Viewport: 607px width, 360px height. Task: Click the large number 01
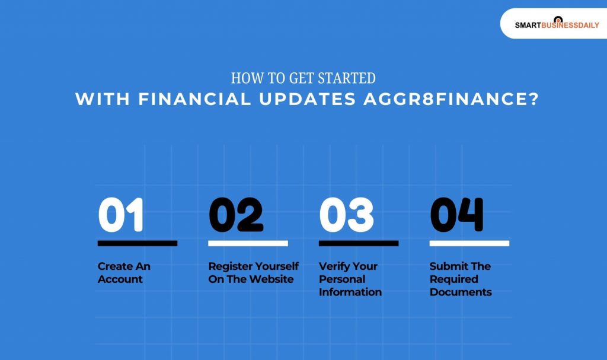(x=121, y=215)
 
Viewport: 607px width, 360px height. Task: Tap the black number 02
(x=235, y=215)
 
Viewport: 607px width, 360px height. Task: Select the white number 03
(x=346, y=215)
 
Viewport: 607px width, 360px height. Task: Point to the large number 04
(x=456, y=215)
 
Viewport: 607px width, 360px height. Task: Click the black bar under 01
(x=138, y=243)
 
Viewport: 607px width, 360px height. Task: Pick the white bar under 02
(x=248, y=243)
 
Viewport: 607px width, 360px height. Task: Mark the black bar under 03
(x=359, y=243)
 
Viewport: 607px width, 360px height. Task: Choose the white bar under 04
(x=469, y=243)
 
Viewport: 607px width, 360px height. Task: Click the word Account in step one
(x=120, y=279)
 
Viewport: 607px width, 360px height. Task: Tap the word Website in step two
(x=271, y=279)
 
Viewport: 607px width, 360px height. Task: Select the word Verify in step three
(x=334, y=266)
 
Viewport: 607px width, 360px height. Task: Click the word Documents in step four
(x=461, y=292)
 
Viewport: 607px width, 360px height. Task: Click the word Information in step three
(x=350, y=292)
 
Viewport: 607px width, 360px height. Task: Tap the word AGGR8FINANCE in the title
(x=450, y=99)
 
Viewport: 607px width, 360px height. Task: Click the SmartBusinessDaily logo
(x=557, y=24)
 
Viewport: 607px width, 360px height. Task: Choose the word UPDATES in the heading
(x=306, y=99)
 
